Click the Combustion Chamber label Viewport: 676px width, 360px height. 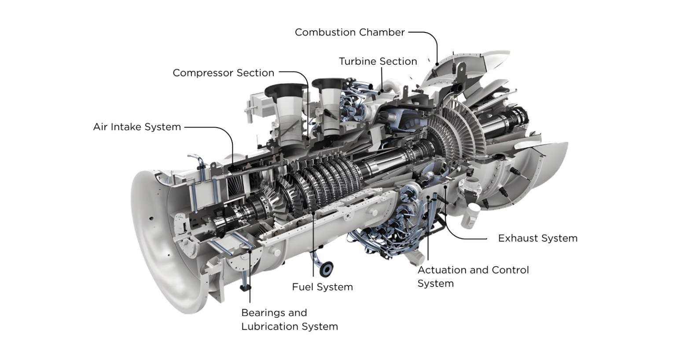pos(349,33)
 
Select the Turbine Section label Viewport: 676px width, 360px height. pos(378,62)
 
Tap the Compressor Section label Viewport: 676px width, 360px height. pos(223,73)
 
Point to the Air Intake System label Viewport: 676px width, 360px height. pos(137,127)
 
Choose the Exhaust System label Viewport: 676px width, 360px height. pos(537,239)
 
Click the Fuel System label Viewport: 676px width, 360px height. pos(322,287)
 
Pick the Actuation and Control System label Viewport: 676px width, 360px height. pos(473,276)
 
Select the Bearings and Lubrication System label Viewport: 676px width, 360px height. pos(289,320)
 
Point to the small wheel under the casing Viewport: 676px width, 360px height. pos(327,267)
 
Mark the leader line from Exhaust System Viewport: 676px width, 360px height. pos(467,238)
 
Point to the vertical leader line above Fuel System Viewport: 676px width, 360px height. pos(313,246)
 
